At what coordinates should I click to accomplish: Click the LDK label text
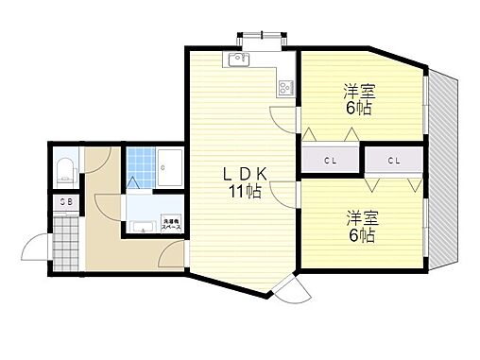(247, 173)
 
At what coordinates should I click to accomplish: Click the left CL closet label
(331, 160)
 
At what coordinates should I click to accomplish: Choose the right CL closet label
(393, 160)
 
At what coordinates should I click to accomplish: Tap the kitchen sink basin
(235, 62)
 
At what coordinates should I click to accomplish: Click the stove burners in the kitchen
(284, 88)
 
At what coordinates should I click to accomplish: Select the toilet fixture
(65, 171)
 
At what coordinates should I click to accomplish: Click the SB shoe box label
(65, 201)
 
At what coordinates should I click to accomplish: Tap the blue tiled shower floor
(139, 165)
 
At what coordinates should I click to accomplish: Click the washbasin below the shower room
(142, 226)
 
